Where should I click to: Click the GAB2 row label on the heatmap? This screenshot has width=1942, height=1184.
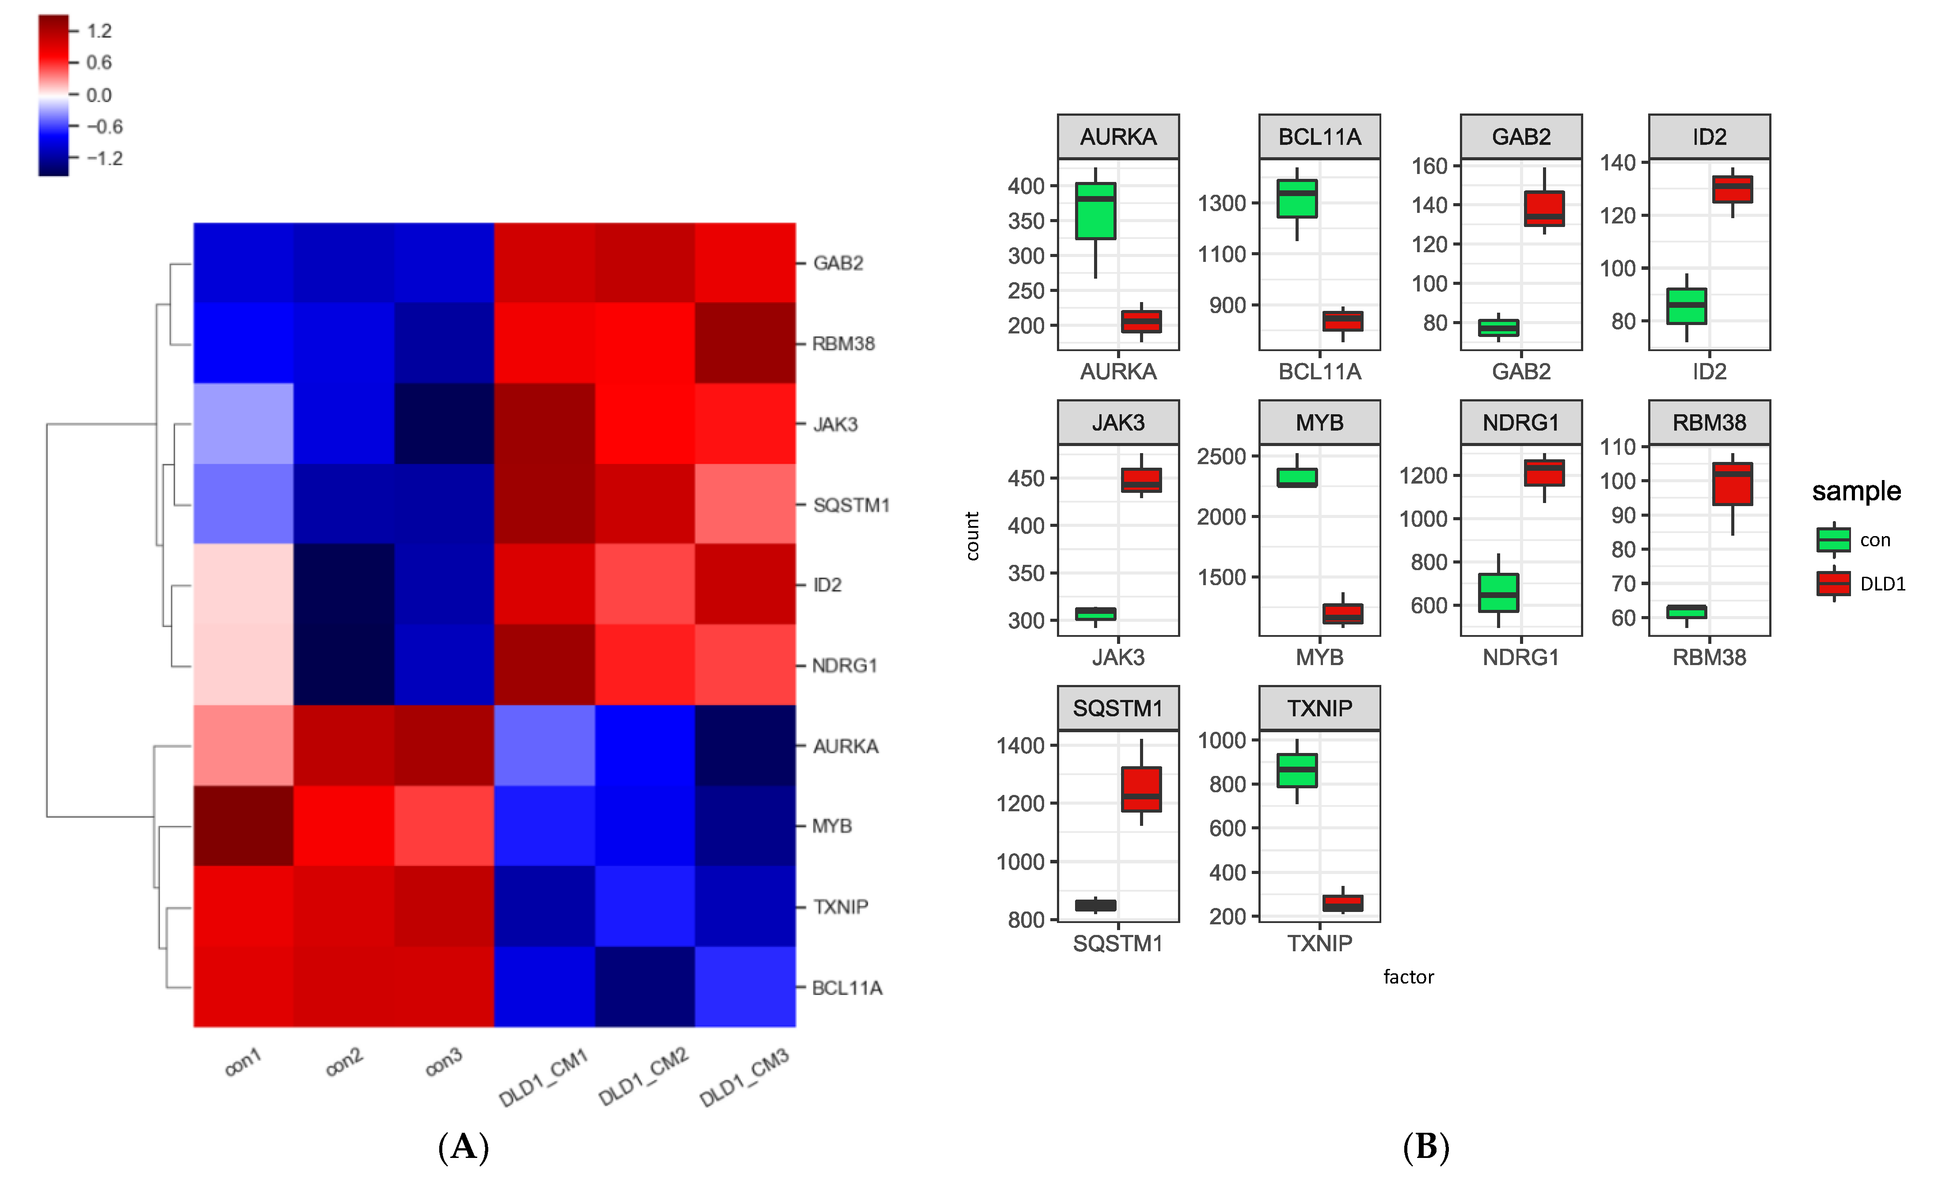coord(838,263)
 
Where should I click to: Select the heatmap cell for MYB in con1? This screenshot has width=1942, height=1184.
coord(243,825)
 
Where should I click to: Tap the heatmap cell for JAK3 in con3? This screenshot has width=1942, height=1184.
coord(444,424)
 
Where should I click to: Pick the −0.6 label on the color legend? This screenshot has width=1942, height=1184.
coord(104,127)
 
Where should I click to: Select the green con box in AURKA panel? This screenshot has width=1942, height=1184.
coord(1095,211)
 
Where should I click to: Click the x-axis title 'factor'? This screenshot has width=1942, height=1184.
coord(1408,977)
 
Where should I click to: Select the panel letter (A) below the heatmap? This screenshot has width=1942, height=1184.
coord(464,1147)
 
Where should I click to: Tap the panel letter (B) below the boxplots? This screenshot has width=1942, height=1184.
coord(1426,1147)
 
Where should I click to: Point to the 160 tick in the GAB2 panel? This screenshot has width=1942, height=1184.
coord(1429,166)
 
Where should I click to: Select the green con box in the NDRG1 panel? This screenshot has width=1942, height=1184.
coord(1498,592)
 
